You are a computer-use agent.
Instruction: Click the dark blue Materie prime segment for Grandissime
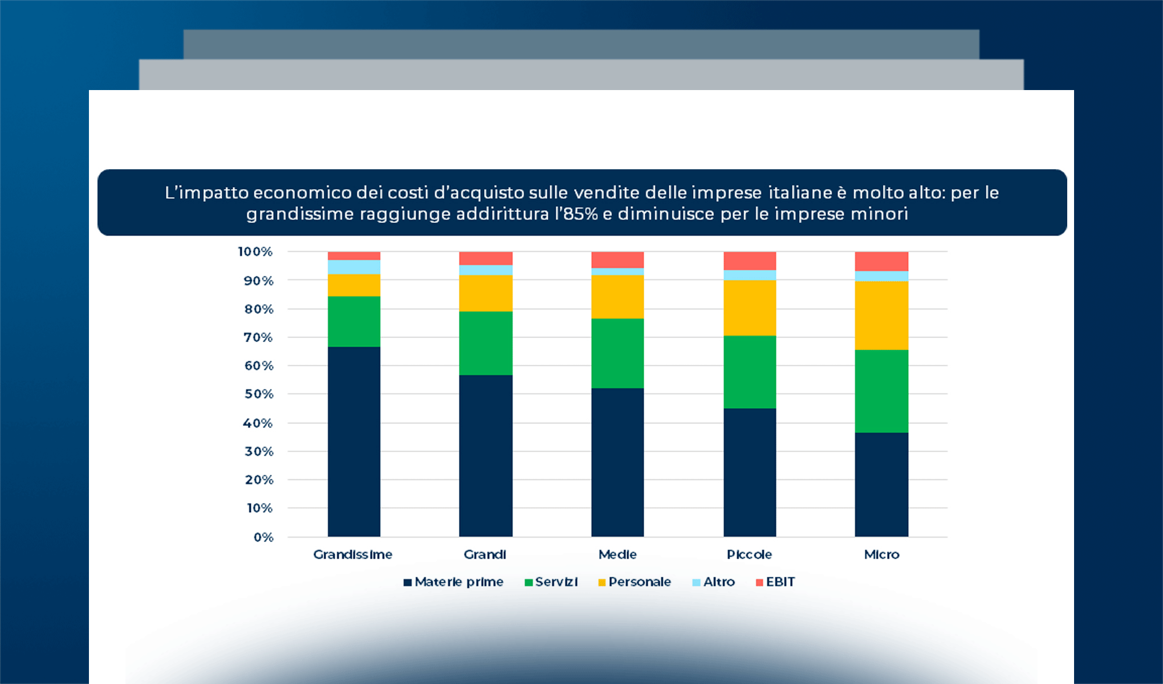pyautogui.click(x=353, y=442)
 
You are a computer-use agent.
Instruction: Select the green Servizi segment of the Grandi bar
pyautogui.click(x=486, y=343)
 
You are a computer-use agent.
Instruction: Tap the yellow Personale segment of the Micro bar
pyautogui.click(x=881, y=315)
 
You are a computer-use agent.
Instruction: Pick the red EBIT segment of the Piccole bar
pyautogui.click(x=750, y=260)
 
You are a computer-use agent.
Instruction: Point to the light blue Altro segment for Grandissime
pyautogui.click(x=353, y=267)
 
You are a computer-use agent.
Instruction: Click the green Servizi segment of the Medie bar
pyautogui.click(x=617, y=353)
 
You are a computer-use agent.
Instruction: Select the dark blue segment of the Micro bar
pyautogui.click(x=881, y=484)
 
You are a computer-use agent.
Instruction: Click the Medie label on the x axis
pyautogui.click(x=617, y=555)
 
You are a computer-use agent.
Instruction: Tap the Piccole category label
pyautogui.click(x=749, y=555)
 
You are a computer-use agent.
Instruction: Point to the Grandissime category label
pyautogui.click(x=353, y=555)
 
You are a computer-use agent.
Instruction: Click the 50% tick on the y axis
pyautogui.click(x=259, y=394)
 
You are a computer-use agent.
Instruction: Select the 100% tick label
pyautogui.click(x=255, y=252)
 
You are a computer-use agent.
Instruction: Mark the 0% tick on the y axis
pyautogui.click(x=263, y=538)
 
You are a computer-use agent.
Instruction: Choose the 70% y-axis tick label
pyautogui.click(x=259, y=338)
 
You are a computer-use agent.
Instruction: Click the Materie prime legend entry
pyautogui.click(x=459, y=582)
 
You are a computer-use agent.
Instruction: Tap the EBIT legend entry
pyautogui.click(x=780, y=582)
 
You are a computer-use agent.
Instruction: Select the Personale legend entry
pyautogui.click(x=639, y=582)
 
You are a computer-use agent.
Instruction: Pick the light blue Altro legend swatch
pyautogui.click(x=696, y=583)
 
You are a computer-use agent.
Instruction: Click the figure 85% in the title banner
pyautogui.click(x=581, y=214)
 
